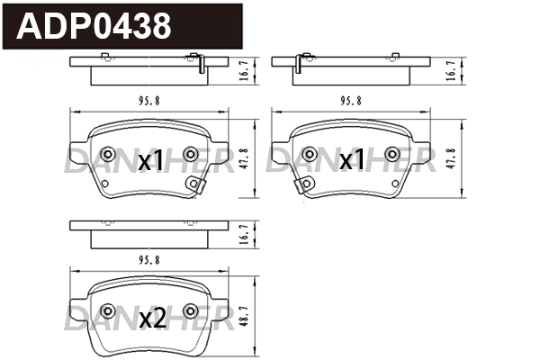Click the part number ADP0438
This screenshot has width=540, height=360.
pos(94,26)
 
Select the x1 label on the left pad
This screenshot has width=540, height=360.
pos(150,160)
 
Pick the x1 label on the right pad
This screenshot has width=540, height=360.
pos(352,159)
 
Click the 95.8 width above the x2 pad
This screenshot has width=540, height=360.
pos(149,260)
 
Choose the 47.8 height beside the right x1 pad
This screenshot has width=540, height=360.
pos(452,158)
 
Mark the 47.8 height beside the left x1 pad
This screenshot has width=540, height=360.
pos(244,158)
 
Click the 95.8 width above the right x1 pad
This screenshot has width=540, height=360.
pos(351,101)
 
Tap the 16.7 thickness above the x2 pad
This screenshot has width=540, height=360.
pos(244,235)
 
